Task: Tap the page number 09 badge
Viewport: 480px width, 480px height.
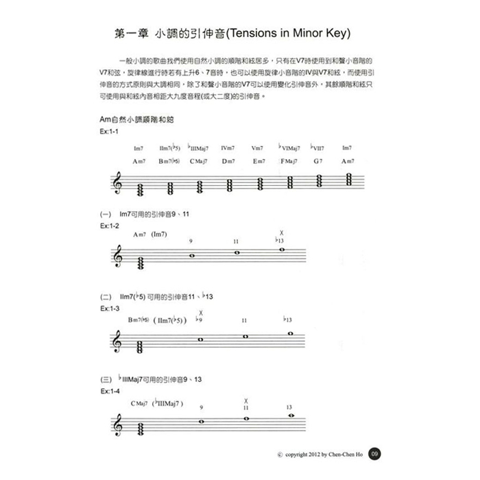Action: click(x=374, y=453)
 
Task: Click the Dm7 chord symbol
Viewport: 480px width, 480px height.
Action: click(x=228, y=161)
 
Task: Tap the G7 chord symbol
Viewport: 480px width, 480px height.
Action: click(x=317, y=161)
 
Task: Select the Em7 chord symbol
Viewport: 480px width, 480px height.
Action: click(x=259, y=161)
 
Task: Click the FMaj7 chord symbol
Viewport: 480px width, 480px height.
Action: click(x=289, y=161)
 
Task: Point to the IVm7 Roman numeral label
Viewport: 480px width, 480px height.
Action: click(x=228, y=148)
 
